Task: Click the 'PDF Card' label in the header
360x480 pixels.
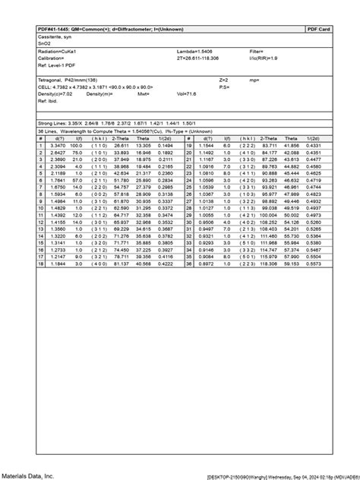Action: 319,29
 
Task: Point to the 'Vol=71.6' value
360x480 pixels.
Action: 187,93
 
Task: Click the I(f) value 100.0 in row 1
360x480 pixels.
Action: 76,144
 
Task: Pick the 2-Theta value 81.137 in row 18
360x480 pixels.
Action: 120,264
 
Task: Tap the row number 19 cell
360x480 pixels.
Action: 188,144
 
